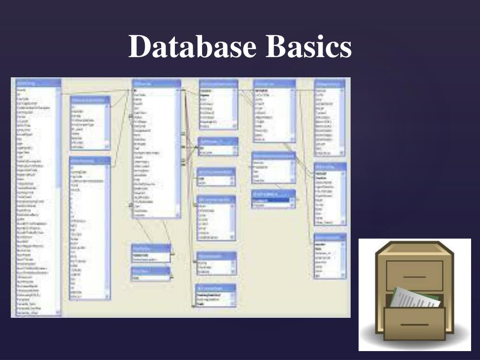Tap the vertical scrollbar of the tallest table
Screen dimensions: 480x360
pyautogui.click(x=59, y=197)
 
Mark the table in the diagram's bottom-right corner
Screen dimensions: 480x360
pyautogui.click(x=330, y=256)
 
